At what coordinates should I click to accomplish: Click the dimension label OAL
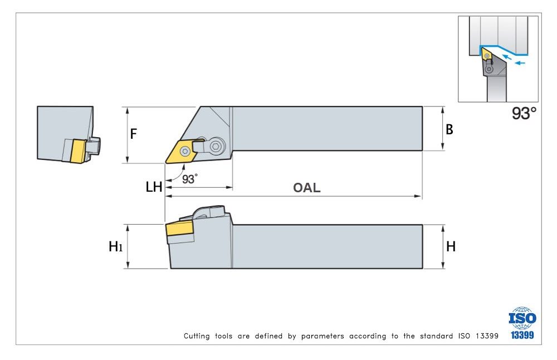tap(307, 188)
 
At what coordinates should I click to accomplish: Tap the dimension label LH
tap(154, 187)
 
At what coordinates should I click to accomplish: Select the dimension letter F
tap(134, 134)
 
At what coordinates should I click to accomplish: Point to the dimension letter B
tap(449, 129)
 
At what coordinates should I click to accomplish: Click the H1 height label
tap(115, 246)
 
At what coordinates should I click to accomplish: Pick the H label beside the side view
tap(451, 246)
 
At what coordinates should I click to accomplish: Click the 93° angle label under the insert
tap(190, 179)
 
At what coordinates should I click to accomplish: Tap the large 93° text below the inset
tap(524, 113)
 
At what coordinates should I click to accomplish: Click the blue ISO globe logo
tap(522, 318)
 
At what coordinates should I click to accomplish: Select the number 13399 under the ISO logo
tap(522, 335)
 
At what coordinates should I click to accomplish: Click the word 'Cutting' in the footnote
tap(197, 336)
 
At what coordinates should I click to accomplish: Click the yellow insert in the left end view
tap(76, 150)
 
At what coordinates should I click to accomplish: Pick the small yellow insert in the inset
tap(486, 55)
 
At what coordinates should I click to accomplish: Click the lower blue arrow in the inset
tap(520, 63)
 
